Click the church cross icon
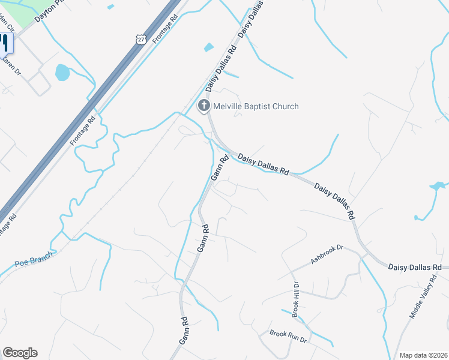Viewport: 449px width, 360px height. (x=204, y=106)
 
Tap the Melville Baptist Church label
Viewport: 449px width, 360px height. (x=256, y=106)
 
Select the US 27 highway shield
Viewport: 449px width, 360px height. (x=140, y=38)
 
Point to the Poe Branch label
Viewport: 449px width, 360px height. (x=34, y=259)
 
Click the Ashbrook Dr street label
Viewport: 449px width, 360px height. (x=326, y=254)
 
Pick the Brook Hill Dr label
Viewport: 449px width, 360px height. (x=295, y=299)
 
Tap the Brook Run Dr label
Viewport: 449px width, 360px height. (x=288, y=336)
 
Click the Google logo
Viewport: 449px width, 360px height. (x=20, y=353)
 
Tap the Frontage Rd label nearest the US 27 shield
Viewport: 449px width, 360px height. (x=165, y=29)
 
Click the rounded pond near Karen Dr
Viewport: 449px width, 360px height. (x=62, y=73)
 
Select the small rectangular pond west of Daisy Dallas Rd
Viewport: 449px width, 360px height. (x=208, y=47)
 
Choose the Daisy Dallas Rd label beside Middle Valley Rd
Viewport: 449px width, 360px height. (x=415, y=266)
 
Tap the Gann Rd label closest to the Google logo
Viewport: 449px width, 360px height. (x=184, y=331)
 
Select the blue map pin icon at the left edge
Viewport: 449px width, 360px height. (x=5, y=43)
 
